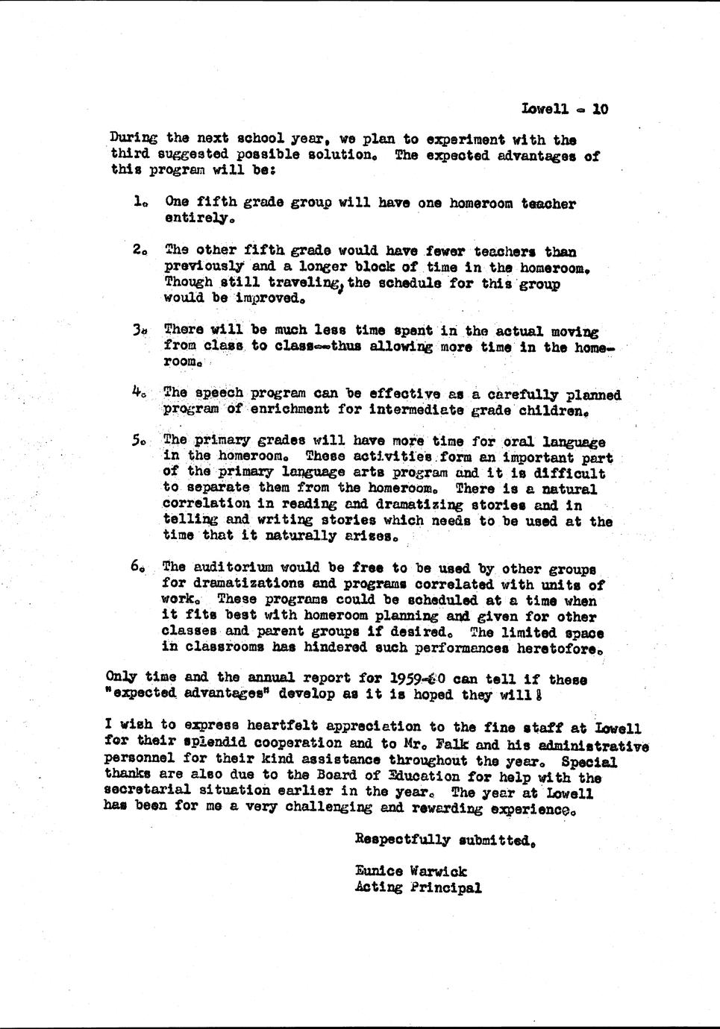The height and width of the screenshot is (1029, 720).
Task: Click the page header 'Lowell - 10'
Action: (565, 109)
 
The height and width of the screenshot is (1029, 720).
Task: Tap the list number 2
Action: (137, 251)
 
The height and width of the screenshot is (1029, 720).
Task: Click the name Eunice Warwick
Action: (411, 871)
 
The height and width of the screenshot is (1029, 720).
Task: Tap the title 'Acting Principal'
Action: (418, 887)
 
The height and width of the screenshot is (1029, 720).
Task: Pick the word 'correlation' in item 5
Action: (207, 505)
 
